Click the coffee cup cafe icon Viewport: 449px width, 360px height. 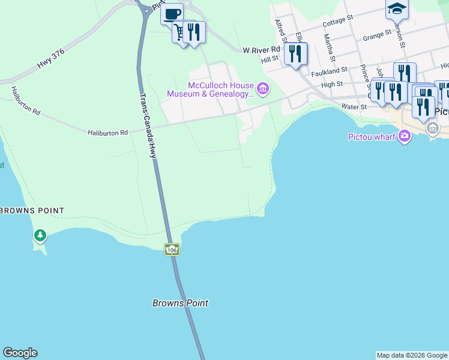pos(172,13)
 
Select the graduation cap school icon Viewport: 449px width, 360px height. pos(397,8)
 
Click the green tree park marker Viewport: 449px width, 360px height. pos(40,236)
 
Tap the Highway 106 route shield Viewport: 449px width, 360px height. pos(172,249)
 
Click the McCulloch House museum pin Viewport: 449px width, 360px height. pos(263,89)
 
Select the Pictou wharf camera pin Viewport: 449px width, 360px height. pos(405,136)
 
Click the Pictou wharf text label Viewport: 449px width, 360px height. pos(372,136)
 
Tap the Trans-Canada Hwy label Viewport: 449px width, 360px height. pos(148,125)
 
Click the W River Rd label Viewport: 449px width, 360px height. pos(261,50)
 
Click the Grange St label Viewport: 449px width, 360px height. pos(377,35)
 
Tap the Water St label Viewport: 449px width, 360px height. pos(354,107)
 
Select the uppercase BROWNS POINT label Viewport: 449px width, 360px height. pos(32,211)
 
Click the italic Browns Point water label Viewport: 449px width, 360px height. pos(180,303)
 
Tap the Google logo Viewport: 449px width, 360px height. pos(20,353)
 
